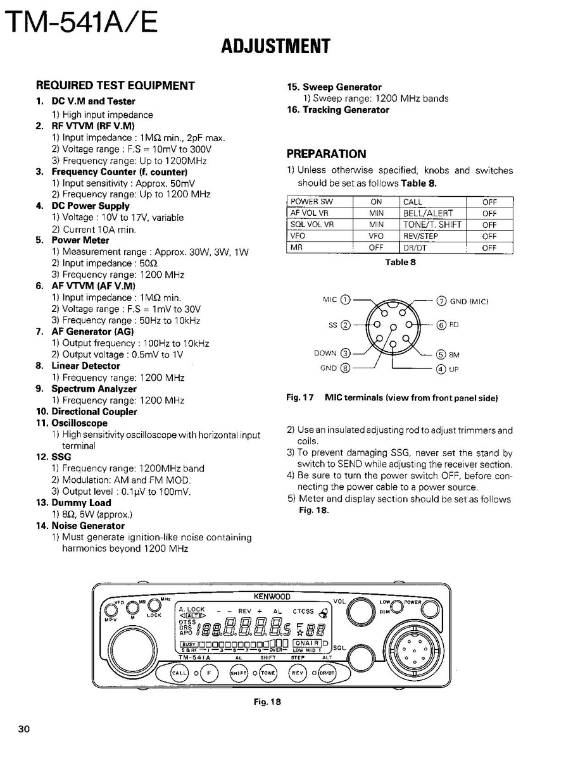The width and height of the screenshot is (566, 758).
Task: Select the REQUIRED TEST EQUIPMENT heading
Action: (115, 85)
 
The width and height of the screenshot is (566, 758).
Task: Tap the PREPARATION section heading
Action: (326, 154)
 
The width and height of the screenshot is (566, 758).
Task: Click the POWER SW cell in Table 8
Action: (311, 202)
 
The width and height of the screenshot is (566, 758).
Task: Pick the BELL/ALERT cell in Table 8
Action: (428, 213)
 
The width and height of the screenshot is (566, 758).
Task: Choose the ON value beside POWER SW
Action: (376, 202)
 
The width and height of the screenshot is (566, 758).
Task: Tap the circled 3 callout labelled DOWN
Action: (346, 353)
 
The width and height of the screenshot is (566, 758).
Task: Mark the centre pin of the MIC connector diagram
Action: (393, 327)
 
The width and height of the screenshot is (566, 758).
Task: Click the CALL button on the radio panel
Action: (180, 673)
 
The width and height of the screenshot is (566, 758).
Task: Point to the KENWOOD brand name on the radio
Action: (272, 597)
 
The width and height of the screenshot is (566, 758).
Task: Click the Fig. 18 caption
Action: (267, 701)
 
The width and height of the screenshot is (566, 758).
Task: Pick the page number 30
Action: (24, 728)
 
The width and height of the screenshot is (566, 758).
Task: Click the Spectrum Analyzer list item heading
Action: (94, 389)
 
